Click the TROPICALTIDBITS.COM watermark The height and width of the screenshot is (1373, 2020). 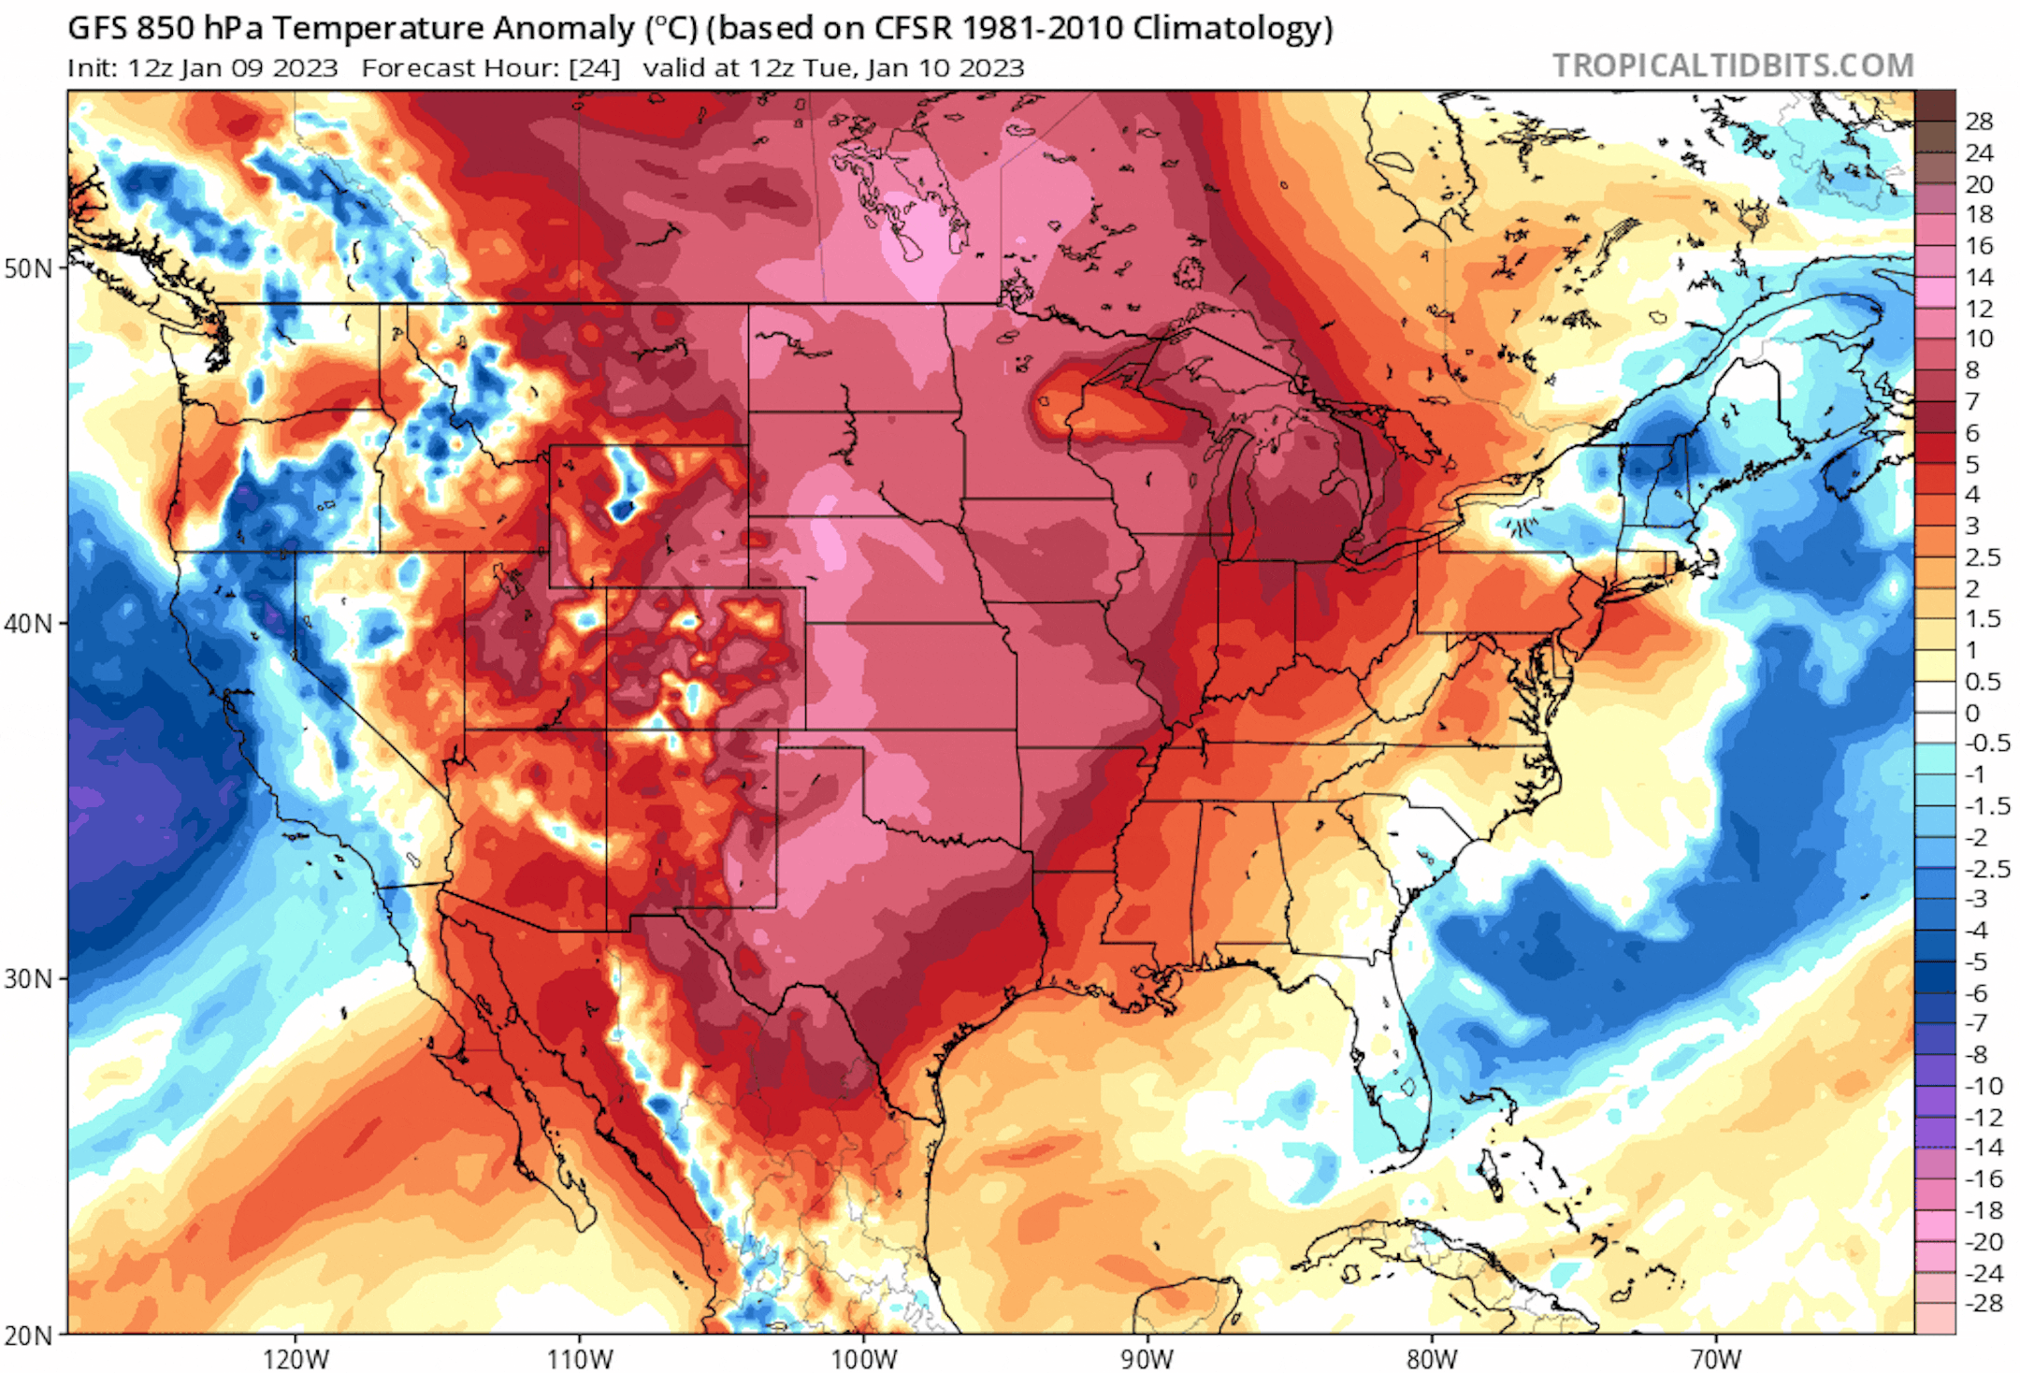click(x=1733, y=65)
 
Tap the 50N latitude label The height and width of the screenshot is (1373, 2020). click(x=28, y=268)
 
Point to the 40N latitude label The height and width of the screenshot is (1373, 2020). click(x=28, y=623)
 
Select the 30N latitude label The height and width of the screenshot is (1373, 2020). click(x=28, y=979)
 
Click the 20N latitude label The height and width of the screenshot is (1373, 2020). click(x=28, y=1336)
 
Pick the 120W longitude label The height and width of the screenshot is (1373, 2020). click(x=296, y=1359)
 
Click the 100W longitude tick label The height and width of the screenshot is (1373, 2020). click(x=864, y=1359)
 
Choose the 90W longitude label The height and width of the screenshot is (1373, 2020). click(x=1147, y=1359)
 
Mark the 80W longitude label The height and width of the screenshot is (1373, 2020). click(x=1432, y=1359)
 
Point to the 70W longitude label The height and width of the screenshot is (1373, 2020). click(x=1716, y=1359)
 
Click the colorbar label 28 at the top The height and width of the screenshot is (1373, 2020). click(x=1979, y=122)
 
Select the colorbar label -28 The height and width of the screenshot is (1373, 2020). click(x=1983, y=1303)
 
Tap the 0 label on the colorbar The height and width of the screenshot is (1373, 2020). click(x=1972, y=713)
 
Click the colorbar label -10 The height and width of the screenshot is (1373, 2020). click(x=1983, y=1086)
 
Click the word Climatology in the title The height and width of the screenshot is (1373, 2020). click(x=1232, y=28)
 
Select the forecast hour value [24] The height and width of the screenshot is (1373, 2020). click(x=594, y=68)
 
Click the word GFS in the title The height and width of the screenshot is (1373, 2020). click(x=97, y=28)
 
